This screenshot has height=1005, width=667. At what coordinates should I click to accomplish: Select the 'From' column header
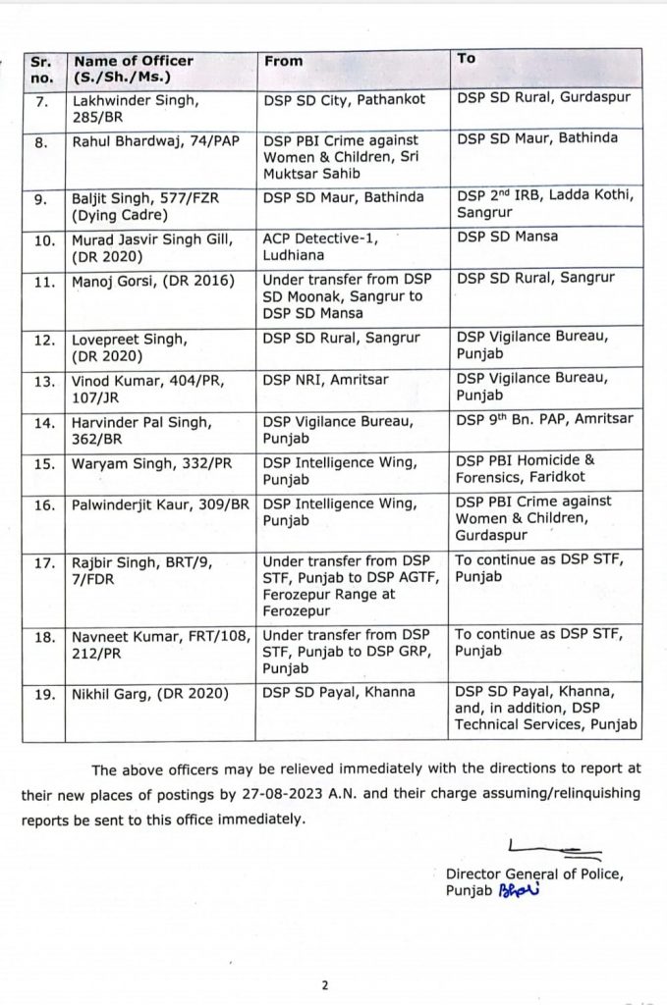(x=284, y=61)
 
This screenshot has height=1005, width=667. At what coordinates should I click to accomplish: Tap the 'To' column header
(x=466, y=59)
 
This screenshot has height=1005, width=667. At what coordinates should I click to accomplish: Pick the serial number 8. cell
(x=43, y=142)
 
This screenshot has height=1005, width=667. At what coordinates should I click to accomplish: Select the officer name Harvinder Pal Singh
(x=141, y=423)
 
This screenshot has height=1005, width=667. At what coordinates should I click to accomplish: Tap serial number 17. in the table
(x=43, y=563)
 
